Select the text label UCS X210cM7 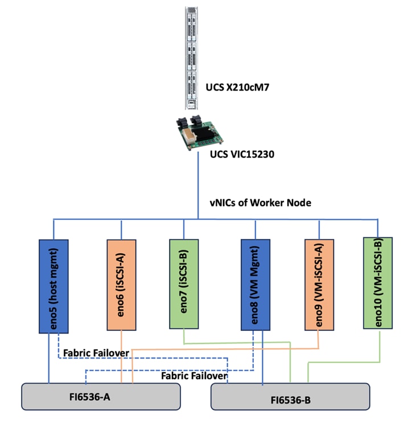[x=236, y=89]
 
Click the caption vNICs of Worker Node [x=259, y=203]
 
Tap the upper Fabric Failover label [x=95, y=353]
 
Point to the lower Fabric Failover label [x=194, y=376]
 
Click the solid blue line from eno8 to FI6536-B [x=262, y=359]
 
